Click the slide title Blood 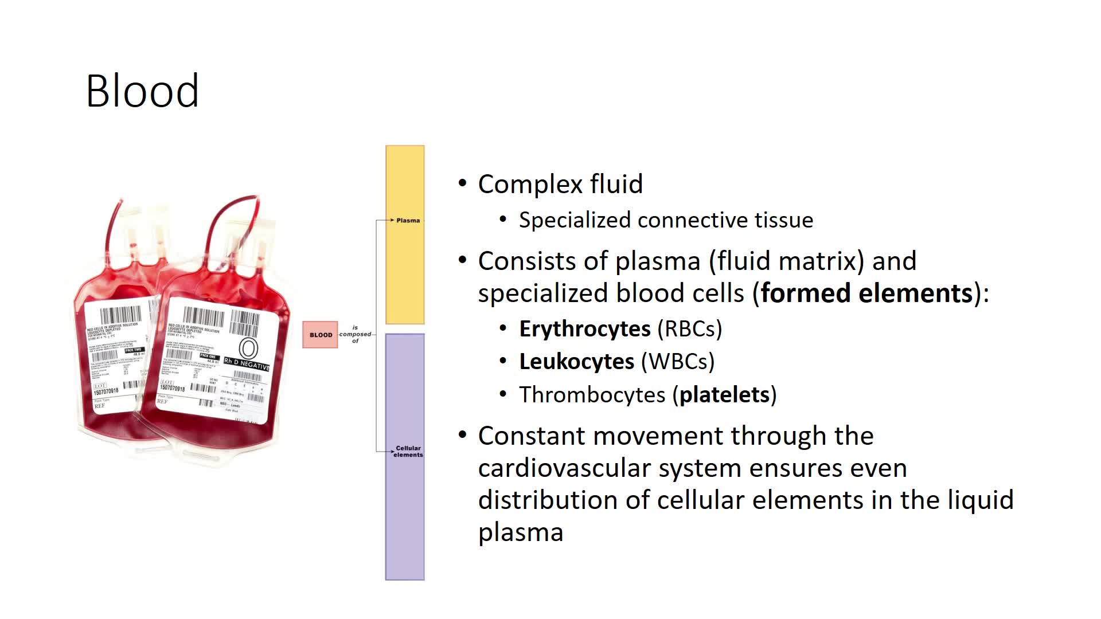[142, 91]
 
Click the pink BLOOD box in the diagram [320, 335]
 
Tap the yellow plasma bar [405, 269]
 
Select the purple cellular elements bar [405, 516]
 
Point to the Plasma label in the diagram [408, 220]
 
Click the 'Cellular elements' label [408, 452]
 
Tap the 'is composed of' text [355, 334]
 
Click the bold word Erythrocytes [584, 329]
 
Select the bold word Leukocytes [576, 362]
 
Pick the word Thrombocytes [592, 395]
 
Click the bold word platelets [724, 395]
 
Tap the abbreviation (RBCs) [690, 329]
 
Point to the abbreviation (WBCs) [678, 362]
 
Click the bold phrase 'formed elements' [866, 293]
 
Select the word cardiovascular [564, 468]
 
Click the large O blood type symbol [248, 348]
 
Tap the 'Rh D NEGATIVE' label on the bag [247, 364]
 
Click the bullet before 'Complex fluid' [463, 183]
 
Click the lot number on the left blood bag [106, 391]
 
